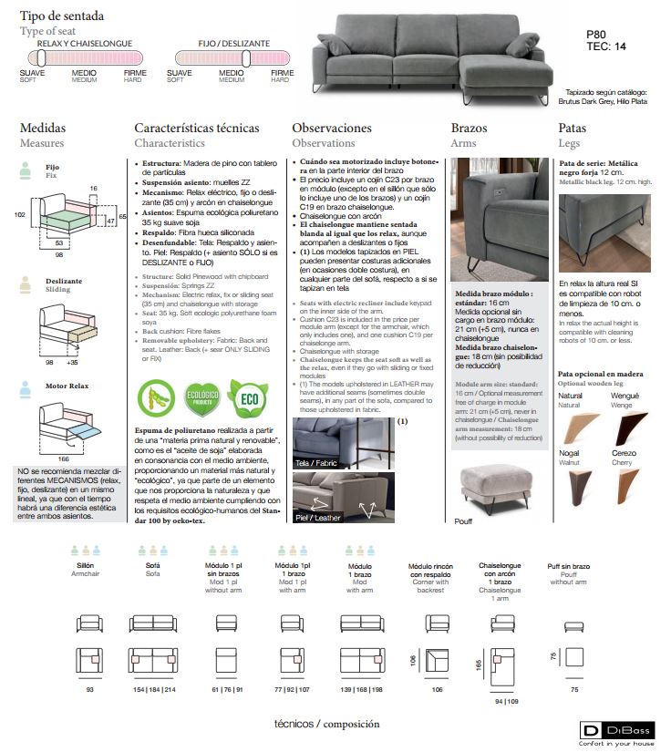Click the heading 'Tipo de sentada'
[62, 16]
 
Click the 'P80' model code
[597, 34]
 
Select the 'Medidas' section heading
[43, 129]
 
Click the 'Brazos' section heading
[469, 129]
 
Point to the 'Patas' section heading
[572, 129]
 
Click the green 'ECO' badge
[248, 397]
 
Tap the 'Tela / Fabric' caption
[316, 463]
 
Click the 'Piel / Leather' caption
[319, 517]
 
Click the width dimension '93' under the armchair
[89, 690]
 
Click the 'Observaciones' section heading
[330, 129]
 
